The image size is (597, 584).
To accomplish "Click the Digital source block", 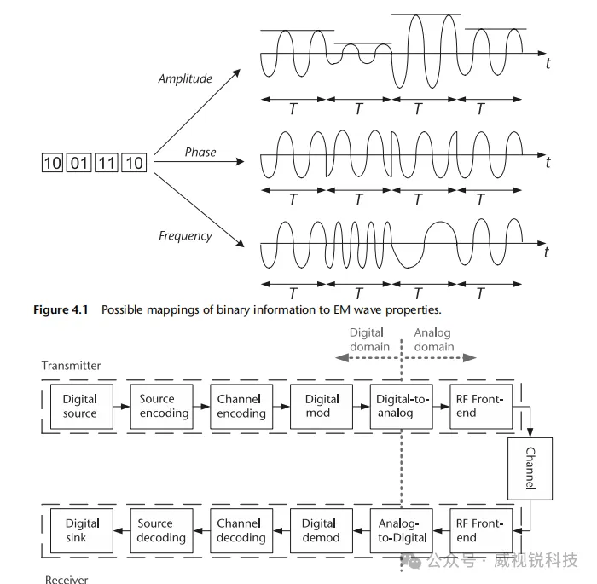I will (x=79, y=406).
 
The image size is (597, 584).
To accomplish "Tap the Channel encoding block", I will (x=241, y=406).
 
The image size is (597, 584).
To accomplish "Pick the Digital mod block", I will (x=322, y=406).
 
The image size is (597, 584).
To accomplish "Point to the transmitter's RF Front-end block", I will (x=480, y=406).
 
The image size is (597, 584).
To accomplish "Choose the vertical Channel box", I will (x=530, y=467).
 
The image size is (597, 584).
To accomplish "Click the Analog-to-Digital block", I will (x=400, y=530).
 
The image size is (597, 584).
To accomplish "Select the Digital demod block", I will (x=320, y=530).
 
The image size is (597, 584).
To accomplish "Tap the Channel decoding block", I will (x=241, y=530).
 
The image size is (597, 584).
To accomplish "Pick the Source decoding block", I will (x=161, y=530).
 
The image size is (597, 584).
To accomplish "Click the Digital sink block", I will (x=82, y=530).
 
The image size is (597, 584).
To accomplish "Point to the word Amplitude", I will (x=185, y=78).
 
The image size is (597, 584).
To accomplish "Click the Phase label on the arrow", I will (x=200, y=152).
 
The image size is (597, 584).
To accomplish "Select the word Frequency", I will (x=185, y=235).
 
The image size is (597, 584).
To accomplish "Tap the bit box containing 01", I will (x=80, y=162).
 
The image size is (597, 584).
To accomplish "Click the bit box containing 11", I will (x=107, y=162).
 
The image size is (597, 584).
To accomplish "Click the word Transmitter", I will (x=71, y=366).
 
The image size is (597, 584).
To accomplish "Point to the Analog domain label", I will (x=433, y=339).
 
